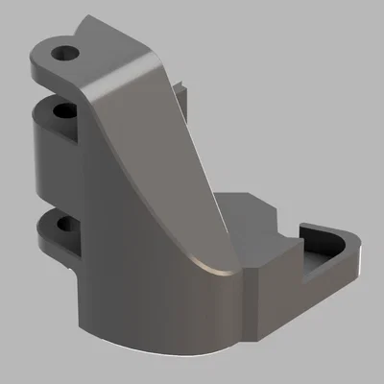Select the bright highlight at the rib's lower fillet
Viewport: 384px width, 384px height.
[x=206, y=264]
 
